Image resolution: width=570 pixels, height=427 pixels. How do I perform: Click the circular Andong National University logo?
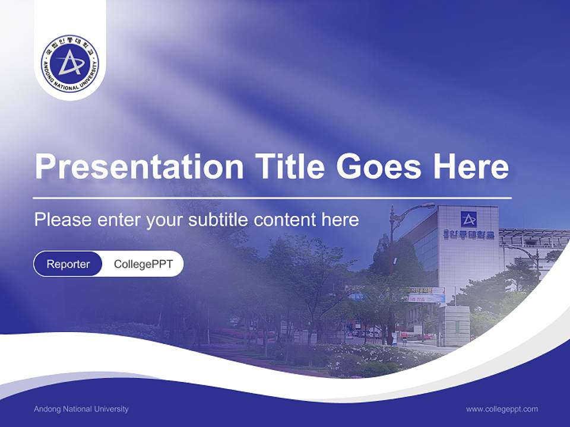[70, 63]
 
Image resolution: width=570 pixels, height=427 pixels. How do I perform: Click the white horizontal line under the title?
[273, 197]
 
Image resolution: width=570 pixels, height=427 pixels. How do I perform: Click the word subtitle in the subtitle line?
[220, 220]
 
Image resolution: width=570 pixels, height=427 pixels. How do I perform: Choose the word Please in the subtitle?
[62, 220]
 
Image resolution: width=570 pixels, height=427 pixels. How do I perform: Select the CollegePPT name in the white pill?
[143, 264]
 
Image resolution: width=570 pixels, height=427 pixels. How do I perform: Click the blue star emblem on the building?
[468, 219]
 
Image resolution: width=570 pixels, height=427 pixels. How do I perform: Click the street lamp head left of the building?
[425, 206]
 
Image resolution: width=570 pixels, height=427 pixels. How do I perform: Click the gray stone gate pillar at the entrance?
[457, 325]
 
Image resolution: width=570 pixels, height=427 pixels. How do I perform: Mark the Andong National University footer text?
[81, 409]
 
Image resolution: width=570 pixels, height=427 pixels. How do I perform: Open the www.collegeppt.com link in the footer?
[502, 409]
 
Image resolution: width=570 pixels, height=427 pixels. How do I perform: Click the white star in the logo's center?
[71, 62]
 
